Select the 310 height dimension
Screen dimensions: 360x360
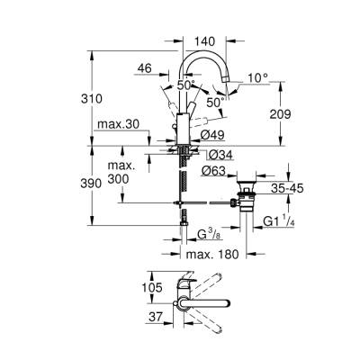click(x=107, y=96)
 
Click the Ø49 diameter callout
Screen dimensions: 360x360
click(x=212, y=135)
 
